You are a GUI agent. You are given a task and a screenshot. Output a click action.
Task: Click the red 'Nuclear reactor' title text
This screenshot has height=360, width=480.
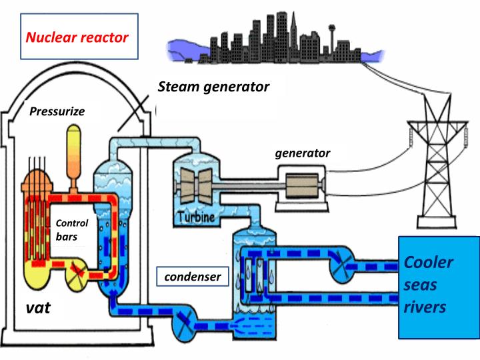coord(77,37)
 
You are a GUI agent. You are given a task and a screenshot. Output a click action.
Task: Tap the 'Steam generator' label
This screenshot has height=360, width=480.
coord(213,87)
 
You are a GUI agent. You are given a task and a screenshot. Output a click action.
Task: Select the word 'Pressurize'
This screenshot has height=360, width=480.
coord(57,111)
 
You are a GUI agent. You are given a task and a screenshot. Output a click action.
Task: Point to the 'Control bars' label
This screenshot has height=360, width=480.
coord(71,229)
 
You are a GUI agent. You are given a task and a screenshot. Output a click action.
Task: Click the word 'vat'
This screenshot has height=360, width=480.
coord(39,309)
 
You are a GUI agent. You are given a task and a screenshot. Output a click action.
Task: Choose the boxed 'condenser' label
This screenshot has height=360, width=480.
coord(192,276)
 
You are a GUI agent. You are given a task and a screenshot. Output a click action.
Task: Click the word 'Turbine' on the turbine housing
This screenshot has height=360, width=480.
coord(197,217)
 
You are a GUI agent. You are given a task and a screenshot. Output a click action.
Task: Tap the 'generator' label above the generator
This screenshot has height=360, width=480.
coord(303,153)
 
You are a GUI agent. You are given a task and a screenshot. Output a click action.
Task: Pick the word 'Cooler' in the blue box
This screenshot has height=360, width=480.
coord(429,262)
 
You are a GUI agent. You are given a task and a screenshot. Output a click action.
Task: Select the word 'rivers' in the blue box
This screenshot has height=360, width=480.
coord(425,307)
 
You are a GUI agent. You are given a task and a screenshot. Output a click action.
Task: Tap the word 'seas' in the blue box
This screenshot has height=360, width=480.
coord(421,285)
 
